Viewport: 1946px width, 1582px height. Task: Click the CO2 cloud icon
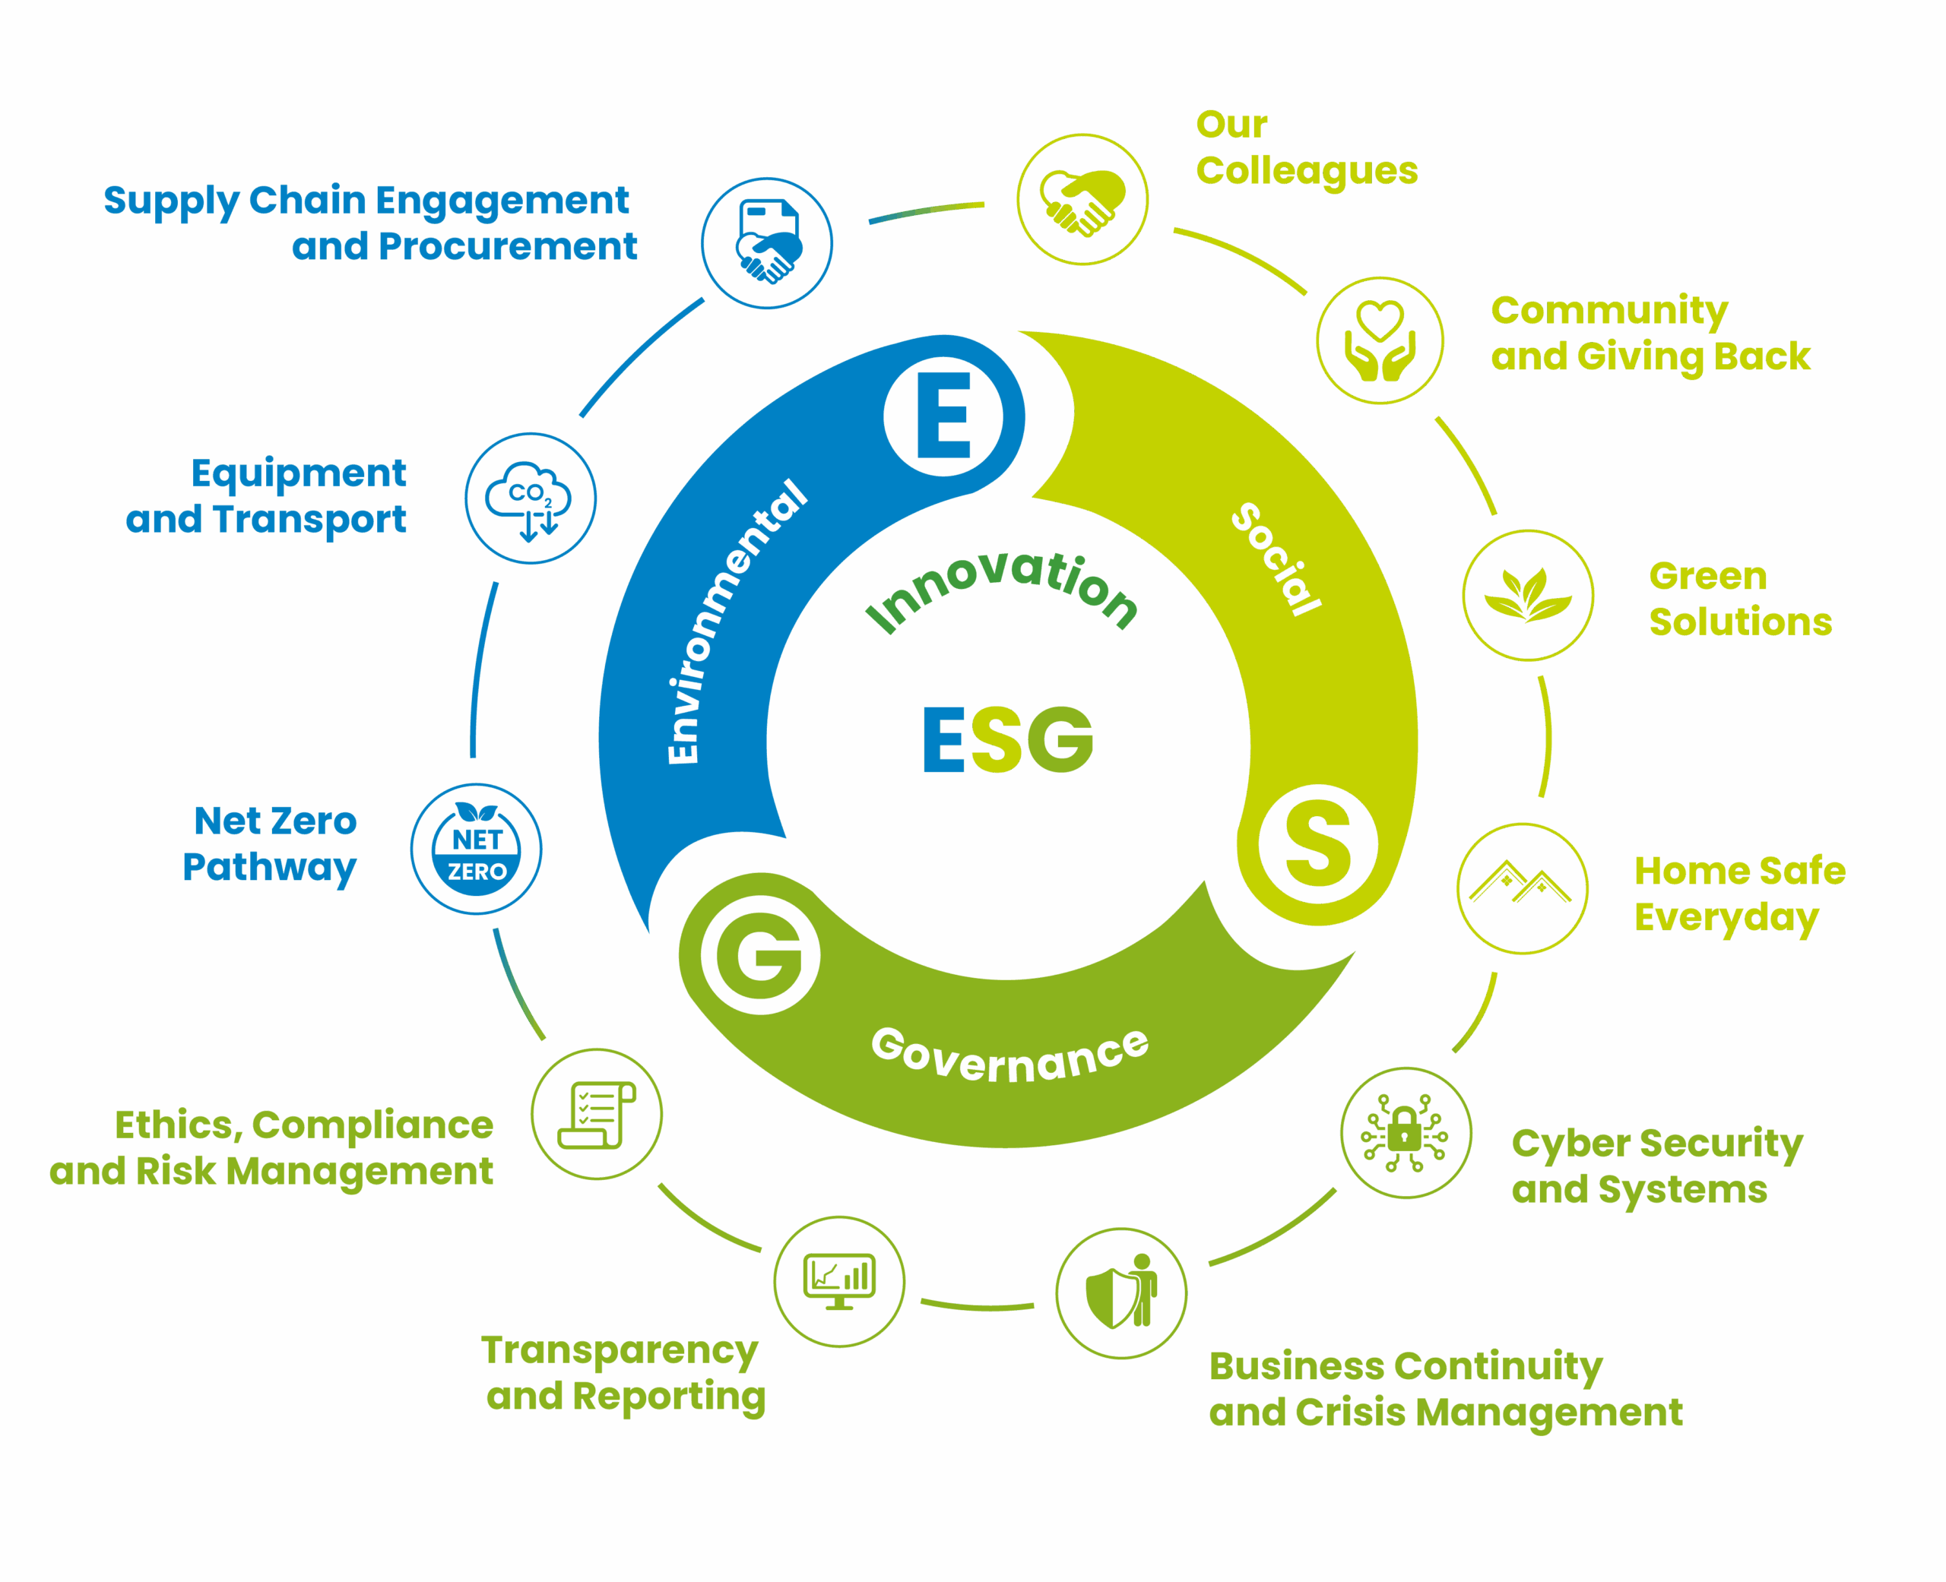531,498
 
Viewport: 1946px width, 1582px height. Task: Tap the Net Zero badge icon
476,850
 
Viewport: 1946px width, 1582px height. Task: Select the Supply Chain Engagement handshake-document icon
768,243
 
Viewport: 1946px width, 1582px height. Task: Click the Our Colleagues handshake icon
1082,200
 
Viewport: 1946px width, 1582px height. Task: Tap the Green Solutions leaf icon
1528,595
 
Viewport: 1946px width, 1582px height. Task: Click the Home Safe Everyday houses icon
1522,888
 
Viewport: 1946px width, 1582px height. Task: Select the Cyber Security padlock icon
1406,1134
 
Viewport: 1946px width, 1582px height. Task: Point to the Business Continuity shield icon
1121,1292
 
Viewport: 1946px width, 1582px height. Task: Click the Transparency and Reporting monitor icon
839,1280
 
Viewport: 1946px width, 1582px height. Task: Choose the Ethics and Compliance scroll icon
597,1114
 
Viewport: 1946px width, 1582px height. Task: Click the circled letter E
943,416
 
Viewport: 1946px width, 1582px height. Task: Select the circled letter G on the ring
760,955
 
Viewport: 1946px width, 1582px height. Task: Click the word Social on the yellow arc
1276,558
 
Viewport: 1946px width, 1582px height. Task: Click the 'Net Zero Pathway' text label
270,844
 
